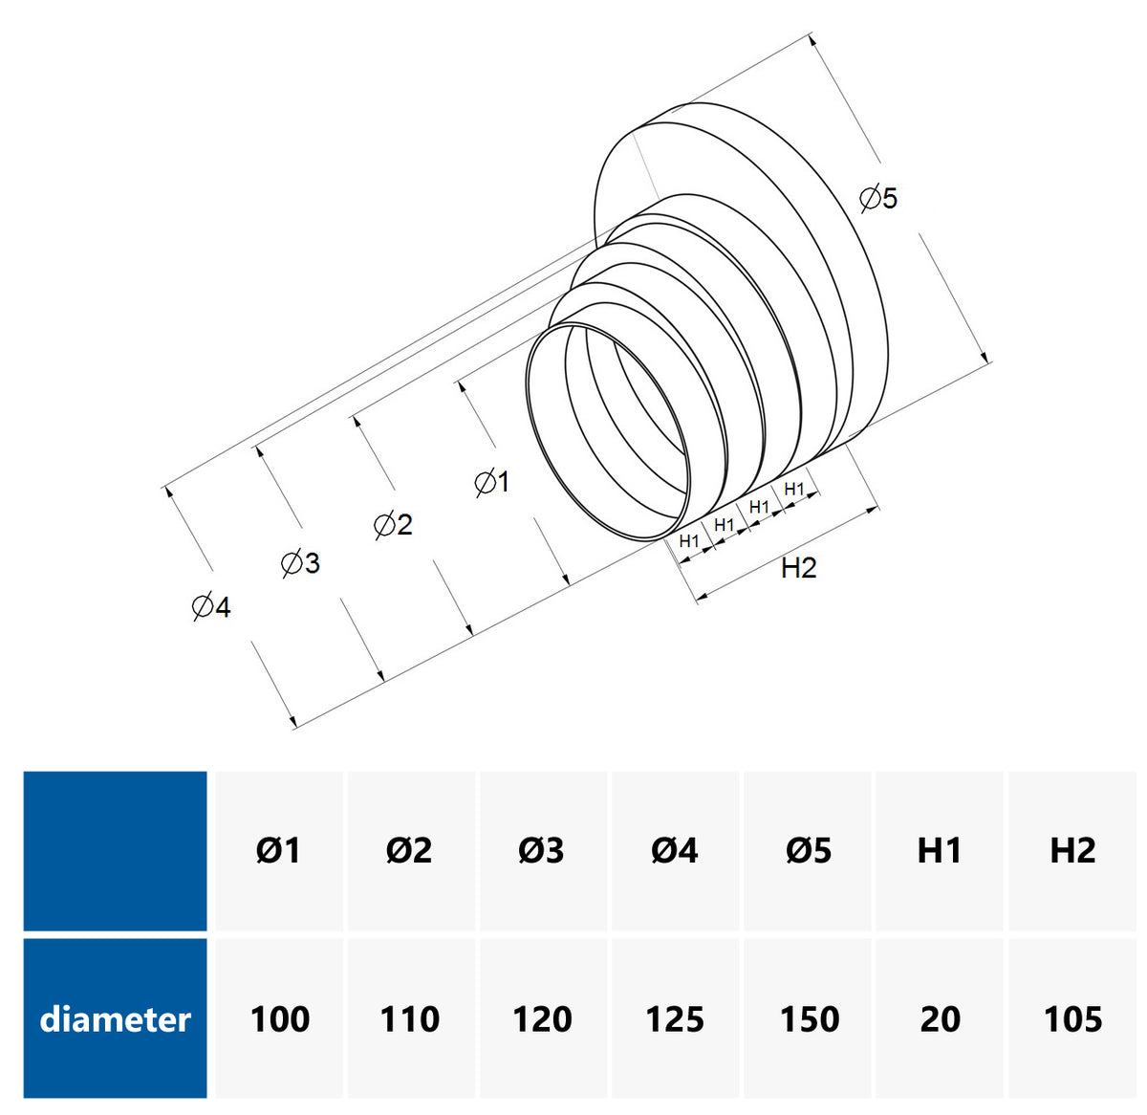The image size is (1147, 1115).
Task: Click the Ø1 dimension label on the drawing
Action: pyautogui.click(x=492, y=482)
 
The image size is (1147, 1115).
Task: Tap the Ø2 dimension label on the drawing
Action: pyautogui.click(x=393, y=524)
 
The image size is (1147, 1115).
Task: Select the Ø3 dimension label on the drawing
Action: pyautogui.click(x=300, y=563)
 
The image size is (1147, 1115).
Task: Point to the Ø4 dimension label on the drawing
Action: pyautogui.click(x=210, y=606)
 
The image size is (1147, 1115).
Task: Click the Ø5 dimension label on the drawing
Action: pyautogui.click(x=878, y=199)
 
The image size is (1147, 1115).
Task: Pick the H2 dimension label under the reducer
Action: pyautogui.click(x=798, y=568)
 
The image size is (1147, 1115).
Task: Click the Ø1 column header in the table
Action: pyautogui.click(x=278, y=850)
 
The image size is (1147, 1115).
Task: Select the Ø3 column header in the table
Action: pyautogui.click(x=541, y=850)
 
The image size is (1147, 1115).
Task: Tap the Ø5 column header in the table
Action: pyautogui.click(x=809, y=850)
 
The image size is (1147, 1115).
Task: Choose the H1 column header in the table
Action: pyautogui.click(x=940, y=850)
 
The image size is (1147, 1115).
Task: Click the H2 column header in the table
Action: pyautogui.click(x=1072, y=850)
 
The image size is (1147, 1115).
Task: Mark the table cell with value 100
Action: pyautogui.click(x=279, y=1019)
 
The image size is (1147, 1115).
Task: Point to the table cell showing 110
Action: pyautogui.click(x=410, y=1019)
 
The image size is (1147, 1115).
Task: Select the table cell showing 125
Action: pyautogui.click(x=675, y=1019)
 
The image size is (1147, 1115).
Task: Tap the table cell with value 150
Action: pyautogui.click(x=809, y=1019)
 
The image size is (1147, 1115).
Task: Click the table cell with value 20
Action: pyautogui.click(x=940, y=1019)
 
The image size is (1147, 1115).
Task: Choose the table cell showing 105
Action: pyautogui.click(x=1072, y=1019)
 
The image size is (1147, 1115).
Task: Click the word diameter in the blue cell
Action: pyautogui.click(x=116, y=1019)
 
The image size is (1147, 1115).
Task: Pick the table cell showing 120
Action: pyautogui.click(x=542, y=1019)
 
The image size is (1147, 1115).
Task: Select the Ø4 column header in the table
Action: pyautogui.click(x=675, y=850)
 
